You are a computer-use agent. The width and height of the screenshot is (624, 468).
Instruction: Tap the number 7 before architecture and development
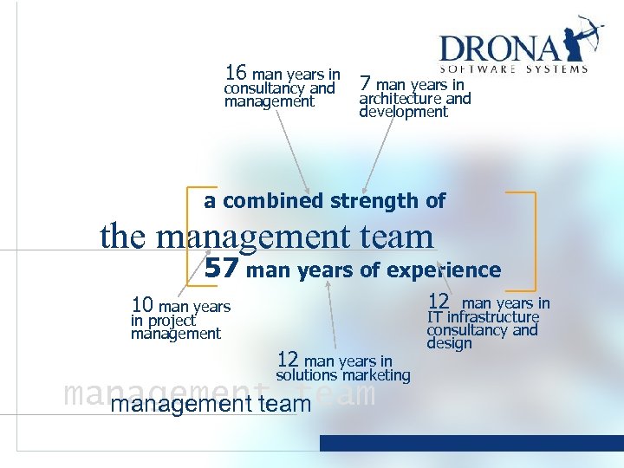pos(366,83)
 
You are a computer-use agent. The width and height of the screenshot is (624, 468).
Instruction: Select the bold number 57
pos(221,269)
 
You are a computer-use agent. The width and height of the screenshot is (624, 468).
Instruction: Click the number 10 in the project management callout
pos(142,305)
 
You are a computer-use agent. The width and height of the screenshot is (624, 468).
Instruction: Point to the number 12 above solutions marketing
pos(289,360)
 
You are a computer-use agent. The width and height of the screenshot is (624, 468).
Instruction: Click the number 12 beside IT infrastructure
pos(439,302)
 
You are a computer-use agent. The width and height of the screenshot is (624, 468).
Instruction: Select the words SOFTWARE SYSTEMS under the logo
pos(514,69)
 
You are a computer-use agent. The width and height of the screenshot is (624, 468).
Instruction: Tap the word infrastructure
pos(493,316)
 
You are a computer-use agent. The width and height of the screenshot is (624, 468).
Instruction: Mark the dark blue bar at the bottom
pos(471,443)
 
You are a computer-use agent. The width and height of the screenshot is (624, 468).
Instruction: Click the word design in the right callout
pos(449,343)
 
